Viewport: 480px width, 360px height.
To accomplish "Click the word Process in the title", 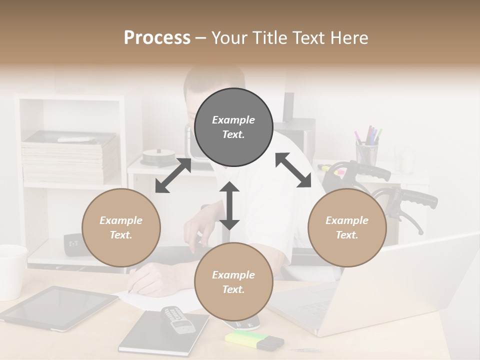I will point(157,38).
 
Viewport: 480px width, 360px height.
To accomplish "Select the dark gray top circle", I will point(233,127).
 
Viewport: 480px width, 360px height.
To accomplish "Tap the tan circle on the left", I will point(121,227).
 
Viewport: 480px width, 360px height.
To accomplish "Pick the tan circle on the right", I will point(347,227).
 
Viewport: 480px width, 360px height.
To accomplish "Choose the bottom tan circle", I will point(233,282).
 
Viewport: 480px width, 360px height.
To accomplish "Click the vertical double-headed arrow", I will point(229,205).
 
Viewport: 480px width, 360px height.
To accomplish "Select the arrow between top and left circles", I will point(173,175).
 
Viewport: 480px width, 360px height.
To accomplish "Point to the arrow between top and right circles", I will point(293,170).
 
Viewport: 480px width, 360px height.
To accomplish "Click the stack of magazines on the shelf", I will point(70,157).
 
